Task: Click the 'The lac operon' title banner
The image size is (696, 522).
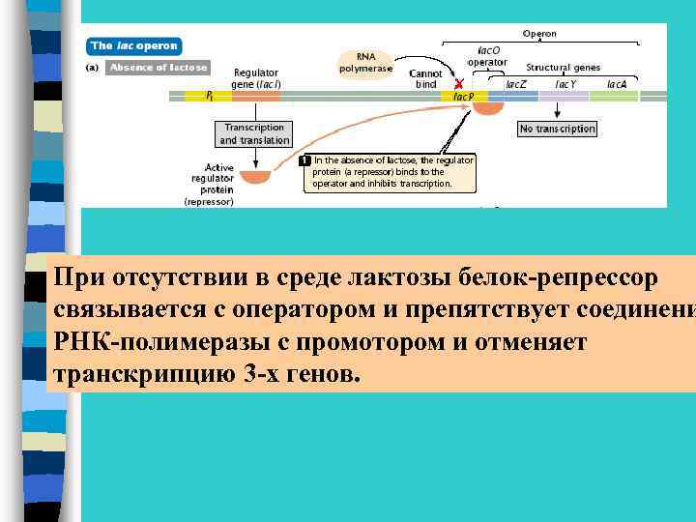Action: [133, 45]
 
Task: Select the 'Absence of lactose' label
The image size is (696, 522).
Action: [158, 68]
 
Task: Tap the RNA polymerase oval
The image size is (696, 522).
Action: [366, 62]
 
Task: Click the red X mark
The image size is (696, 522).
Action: [458, 84]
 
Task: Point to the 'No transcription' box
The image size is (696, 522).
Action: [558, 129]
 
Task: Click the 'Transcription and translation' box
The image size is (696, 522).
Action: [254, 133]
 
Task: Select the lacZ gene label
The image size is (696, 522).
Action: [517, 84]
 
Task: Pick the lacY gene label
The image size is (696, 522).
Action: [566, 84]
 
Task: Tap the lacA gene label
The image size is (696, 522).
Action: [617, 84]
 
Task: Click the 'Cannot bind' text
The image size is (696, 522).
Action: [426, 79]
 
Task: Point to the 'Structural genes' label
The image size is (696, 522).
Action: [563, 68]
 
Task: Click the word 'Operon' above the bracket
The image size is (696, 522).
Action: [539, 34]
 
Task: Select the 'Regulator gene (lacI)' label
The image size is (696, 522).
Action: [256, 78]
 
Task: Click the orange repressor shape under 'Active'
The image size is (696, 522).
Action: [255, 177]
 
